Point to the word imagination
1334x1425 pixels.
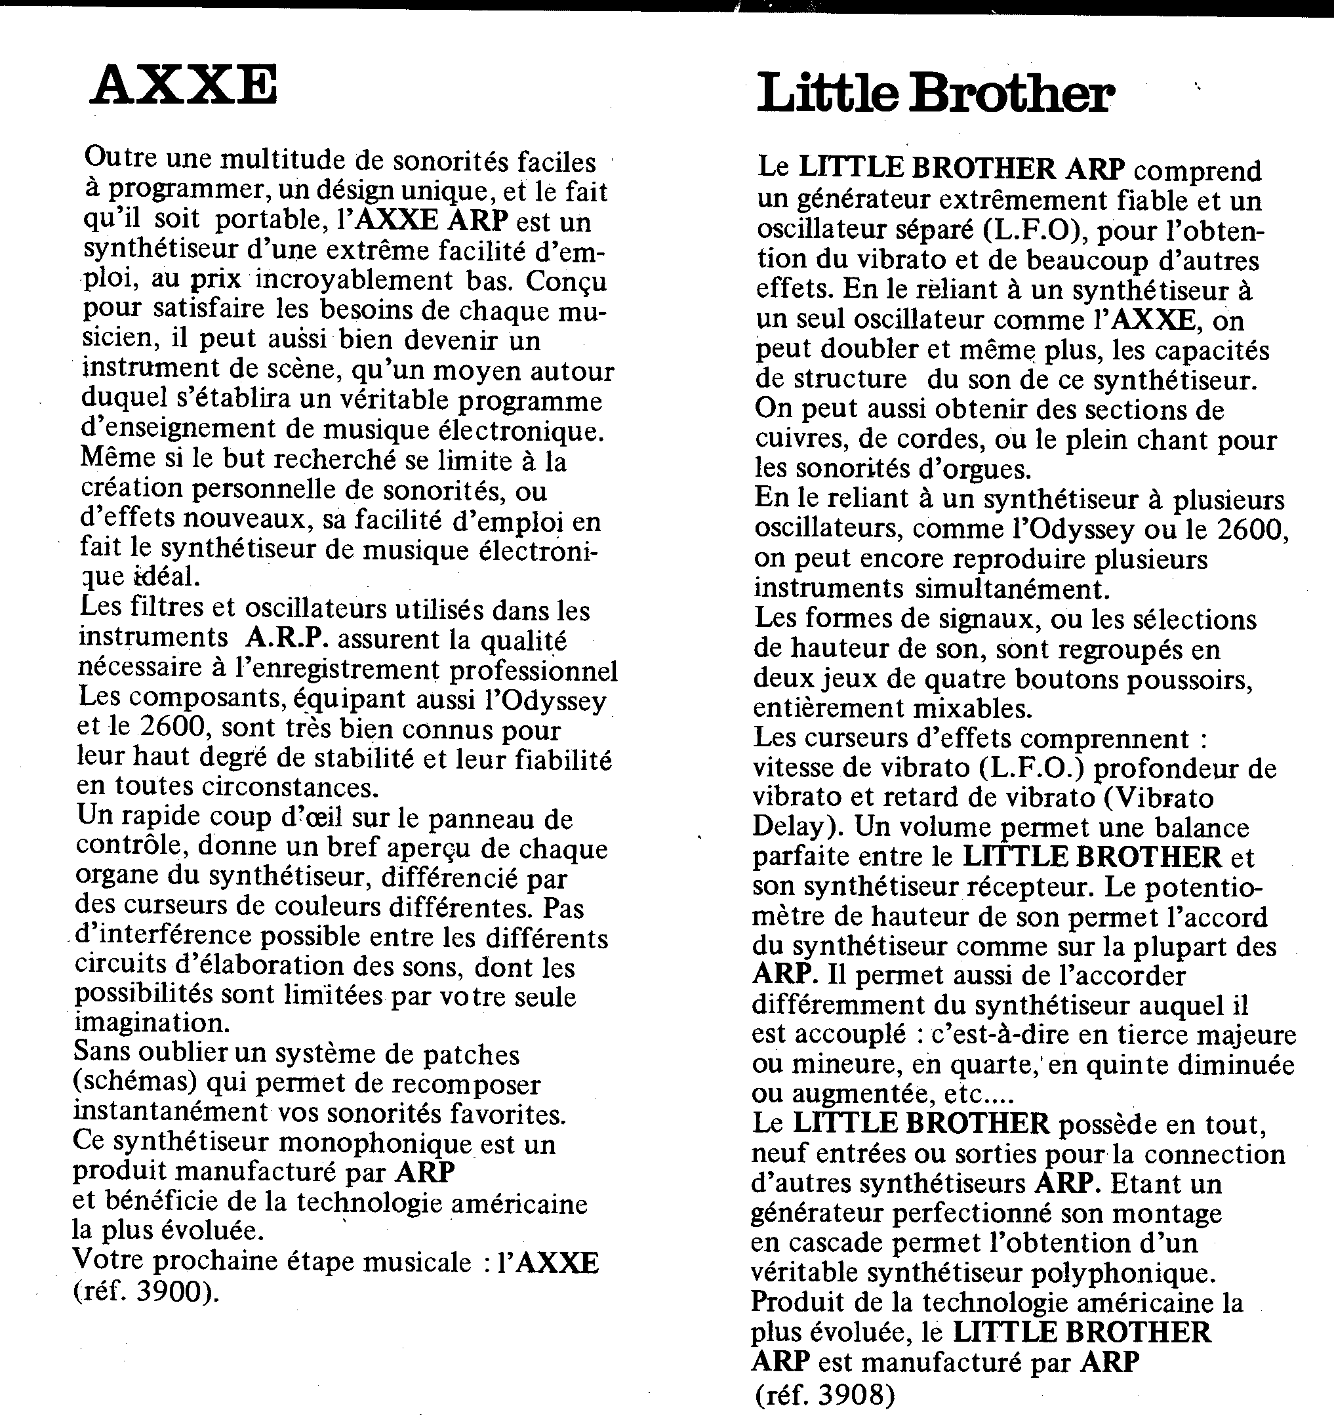152,1022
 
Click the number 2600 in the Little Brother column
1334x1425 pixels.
1251,529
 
